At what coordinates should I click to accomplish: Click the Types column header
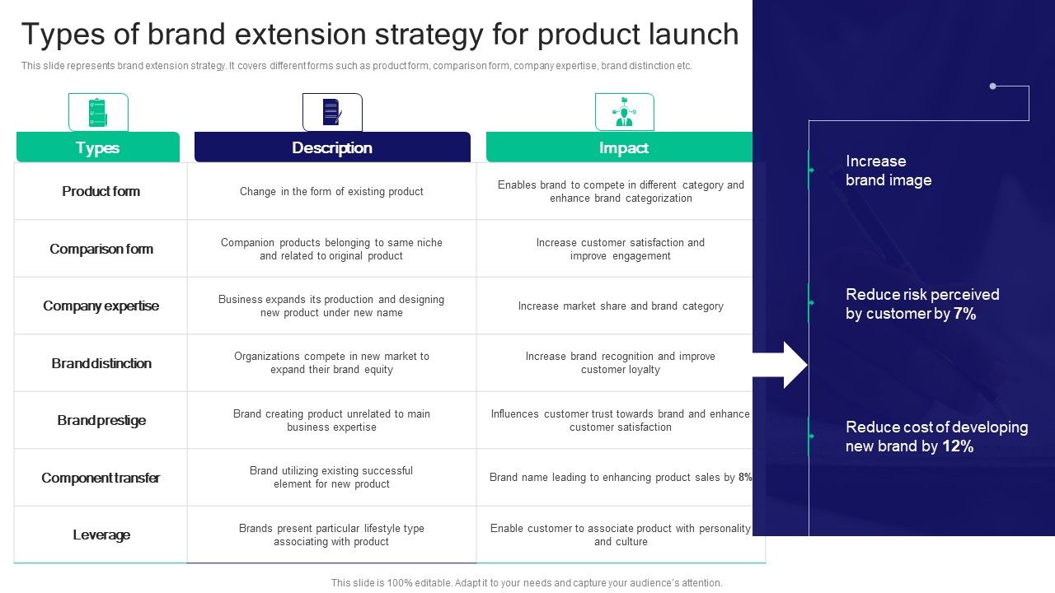click(x=97, y=147)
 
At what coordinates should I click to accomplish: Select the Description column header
click(x=331, y=147)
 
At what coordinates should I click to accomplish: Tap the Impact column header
click(x=622, y=147)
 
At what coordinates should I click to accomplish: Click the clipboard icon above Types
click(x=97, y=112)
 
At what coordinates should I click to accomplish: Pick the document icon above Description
click(x=332, y=112)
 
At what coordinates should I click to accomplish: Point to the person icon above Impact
click(x=624, y=112)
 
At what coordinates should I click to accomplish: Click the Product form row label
click(x=101, y=191)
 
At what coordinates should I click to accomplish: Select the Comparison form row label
click(x=101, y=249)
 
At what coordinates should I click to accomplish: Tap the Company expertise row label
click(x=101, y=306)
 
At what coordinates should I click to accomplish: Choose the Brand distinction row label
click(x=101, y=363)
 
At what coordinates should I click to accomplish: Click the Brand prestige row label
click(x=101, y=420)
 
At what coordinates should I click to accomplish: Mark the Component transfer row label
click(x=101, y=478)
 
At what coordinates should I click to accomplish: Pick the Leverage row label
click(x=101, y=535)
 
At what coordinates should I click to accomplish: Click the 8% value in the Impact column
click(x=745, y=478)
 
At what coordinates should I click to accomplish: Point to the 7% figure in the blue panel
click(x=964, y=314)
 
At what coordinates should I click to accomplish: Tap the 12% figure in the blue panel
click(x=959, y=446)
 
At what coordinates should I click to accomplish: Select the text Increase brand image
click(x=888, y=170)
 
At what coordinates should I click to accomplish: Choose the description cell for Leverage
click(x=331, y=535)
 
